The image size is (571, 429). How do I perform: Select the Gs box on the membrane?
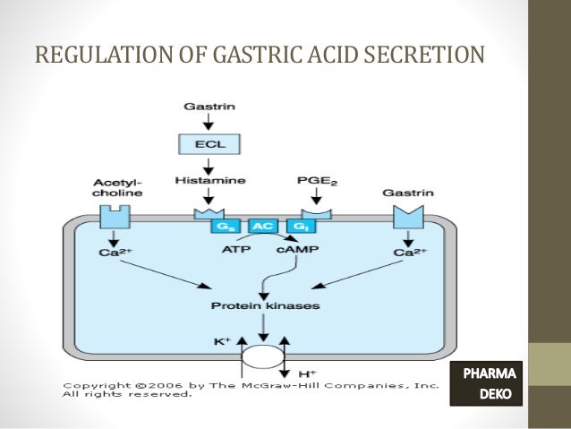[x=223, y=227]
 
